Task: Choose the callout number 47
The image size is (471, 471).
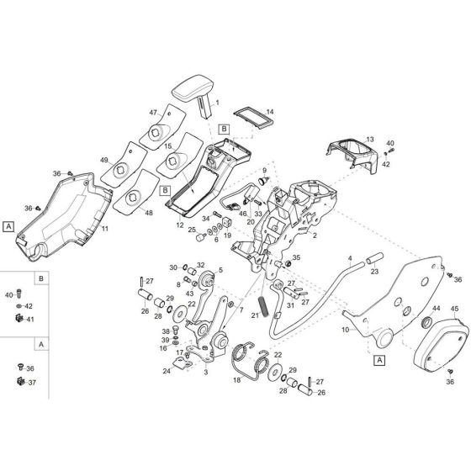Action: pos(154,111)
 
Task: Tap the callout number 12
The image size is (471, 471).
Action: pos(180,225)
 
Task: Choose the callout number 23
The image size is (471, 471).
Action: pos(375,271)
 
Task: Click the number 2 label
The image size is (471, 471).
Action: pos(315,236)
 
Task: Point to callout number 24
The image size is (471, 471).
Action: pos(167,370)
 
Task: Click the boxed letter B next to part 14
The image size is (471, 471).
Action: pos(224,127)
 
